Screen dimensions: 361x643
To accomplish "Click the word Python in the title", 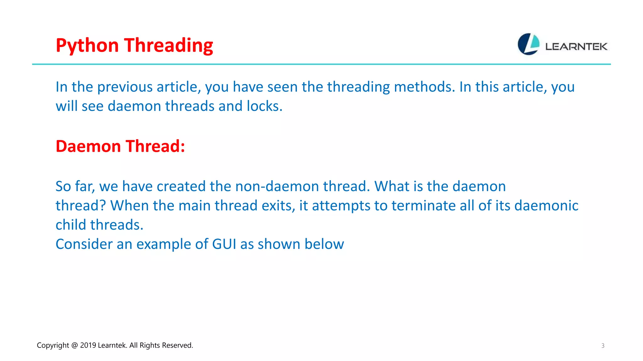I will point(87,46).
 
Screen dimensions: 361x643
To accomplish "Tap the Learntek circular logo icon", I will point(528,44).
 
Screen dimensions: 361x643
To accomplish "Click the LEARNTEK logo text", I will point(576,47).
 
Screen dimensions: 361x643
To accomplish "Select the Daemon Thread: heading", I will point(120,146).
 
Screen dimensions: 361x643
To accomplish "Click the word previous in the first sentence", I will point(125,87).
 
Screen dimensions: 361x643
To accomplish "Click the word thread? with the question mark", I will point(81,206).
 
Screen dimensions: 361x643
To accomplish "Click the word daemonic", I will point(546,206).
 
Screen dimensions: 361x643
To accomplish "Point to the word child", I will point(71,225).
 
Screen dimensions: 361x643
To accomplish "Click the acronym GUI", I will point(224,244).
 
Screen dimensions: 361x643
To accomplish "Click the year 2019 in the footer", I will point(88,345).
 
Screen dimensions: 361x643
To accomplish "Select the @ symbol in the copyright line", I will point(74,345).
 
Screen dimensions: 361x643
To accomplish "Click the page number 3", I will point(602,346).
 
